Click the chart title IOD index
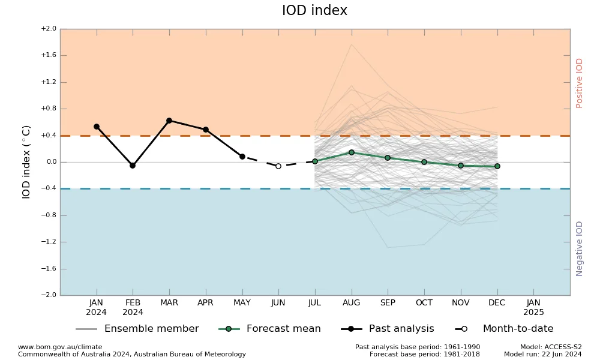pyautogui.click(x=314, y=10)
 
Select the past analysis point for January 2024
pyautogui.click(x=97, y=127)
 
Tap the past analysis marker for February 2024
pyautogui.click(x=133, y=166)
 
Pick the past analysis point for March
pyautogui.click(x=169, y=121)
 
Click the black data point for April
pyautogui.click(x=206, y=130)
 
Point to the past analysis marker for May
pyautogui.click(x=242, y=157)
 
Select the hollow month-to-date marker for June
pyautogui.click(x=278, y=166)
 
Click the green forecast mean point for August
pyautogui.click(x=352, y=152)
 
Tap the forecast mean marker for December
pyautogui.click(x=497, y=166)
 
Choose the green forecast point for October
pyautogui.click(x=424, y=162)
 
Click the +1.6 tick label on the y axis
pyautogui.click(x=49, y=55)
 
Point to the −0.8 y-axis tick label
pyautogui.click(x=49, y=215)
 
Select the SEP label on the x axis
pyautogui.click(x=388, y=302)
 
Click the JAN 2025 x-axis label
pyautogui.click(x=533, y=307)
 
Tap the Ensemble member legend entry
pyautogui.click(x=137, y=329)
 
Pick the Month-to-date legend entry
pyautogui.click(x=505, y=329)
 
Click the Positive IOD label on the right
pyautogui.click(x=579, y=83)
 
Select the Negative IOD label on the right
pyautogui.click(x=579, y=248)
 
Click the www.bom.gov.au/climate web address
pyautogui.click(x=60, y=347)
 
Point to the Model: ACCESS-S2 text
pyautogui.click(x=551, y=347)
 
